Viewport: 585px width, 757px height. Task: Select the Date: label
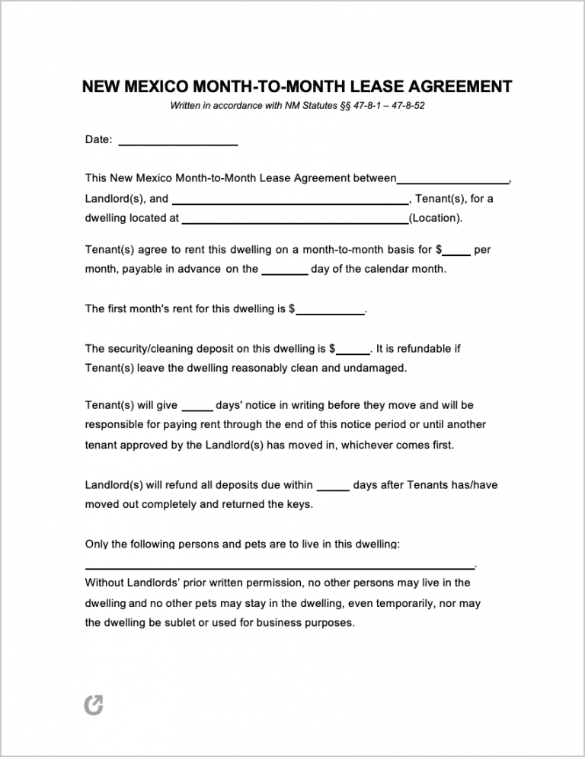(99, 140)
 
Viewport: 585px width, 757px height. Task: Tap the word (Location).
(436, 218)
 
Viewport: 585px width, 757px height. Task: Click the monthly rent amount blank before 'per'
(457, 252)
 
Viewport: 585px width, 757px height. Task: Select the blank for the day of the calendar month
(285, 272)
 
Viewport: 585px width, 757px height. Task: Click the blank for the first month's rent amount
(330, 312)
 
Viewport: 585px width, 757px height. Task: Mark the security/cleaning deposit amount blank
(353, 352)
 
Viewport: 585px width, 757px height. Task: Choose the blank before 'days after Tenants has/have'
(333, 488)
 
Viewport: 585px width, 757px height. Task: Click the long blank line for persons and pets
(279, 567)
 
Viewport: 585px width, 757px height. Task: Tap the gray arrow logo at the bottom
(94, 705)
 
